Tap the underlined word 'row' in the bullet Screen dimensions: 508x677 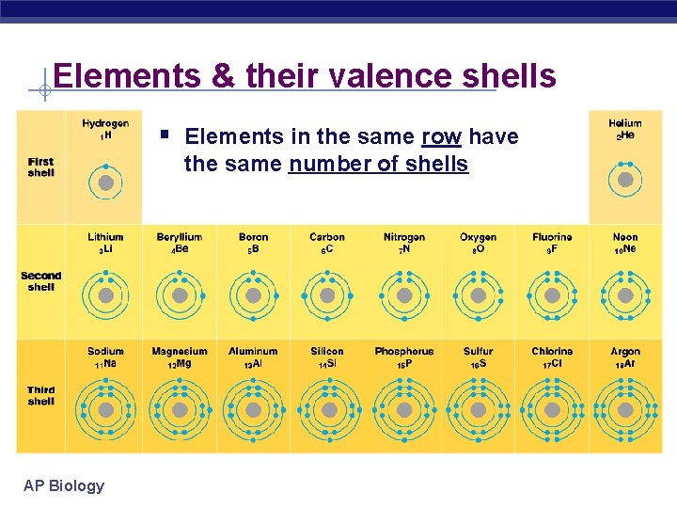click(441, 136)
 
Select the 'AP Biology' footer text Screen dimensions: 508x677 click(64, 485)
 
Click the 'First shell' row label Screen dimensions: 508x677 click(41, 167)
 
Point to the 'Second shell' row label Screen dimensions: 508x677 click(41, 281)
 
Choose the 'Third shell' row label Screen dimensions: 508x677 click(41, 395)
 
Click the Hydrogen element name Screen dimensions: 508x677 click(105, 123)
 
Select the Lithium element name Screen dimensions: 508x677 click(105, 237)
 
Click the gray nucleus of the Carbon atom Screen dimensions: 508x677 click(327, 295)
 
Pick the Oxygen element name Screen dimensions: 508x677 click(478, 237)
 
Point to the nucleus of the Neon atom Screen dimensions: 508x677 click(624, 295)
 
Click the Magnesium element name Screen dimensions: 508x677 click(180, 351)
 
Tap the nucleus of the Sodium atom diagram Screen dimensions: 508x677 click(105, 410)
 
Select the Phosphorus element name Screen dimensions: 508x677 click(403, 351)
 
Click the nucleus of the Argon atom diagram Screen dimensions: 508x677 click(624, 410)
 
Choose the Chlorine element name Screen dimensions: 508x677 click(552, 351)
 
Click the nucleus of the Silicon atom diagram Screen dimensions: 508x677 click(327, 410)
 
